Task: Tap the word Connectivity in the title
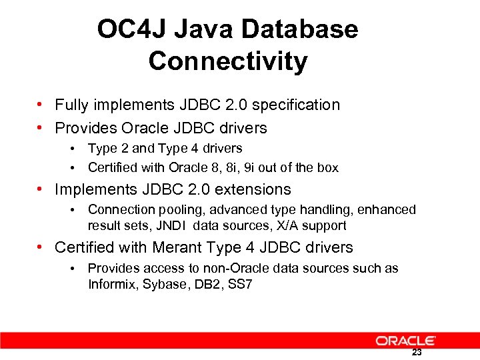pyautogui.click(x=228, y=61)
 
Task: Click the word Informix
pyautogui.click(x=113, y=285)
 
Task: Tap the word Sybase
pyautogui.click(x=167, y=285)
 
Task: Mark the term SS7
pyautogui.click(x=241, y=285)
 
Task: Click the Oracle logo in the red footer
pyautogui.click(x=406, y=341)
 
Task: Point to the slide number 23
pyautogui.click(x=417, y=353)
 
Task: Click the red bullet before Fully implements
pyautogui.click(x=41, y=105)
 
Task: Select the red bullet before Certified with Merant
pyautogui.click(x=41, y=247)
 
